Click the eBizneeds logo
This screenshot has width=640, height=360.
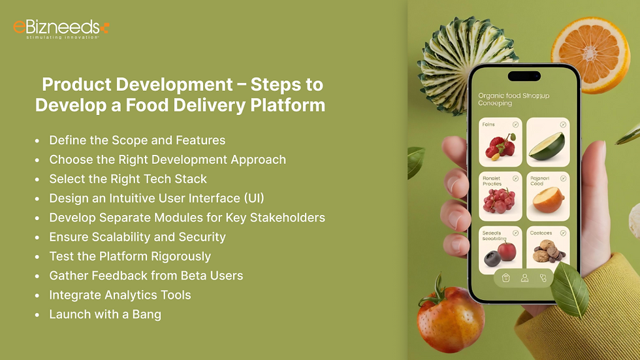click(61, 29)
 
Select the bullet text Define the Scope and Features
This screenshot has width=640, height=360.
click(137, 140)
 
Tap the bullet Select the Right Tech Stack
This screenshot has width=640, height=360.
click(128, 178)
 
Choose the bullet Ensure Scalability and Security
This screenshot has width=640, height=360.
click(137, 237)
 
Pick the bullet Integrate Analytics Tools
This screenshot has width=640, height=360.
click(120, 295)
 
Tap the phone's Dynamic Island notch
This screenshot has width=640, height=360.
click(524, 76)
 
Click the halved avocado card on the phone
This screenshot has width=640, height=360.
click(547, 142)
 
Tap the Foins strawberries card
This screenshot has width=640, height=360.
click(500, 142)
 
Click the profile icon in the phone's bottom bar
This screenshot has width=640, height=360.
click(524, 278)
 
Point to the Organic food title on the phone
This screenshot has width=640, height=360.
click(513, 99)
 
